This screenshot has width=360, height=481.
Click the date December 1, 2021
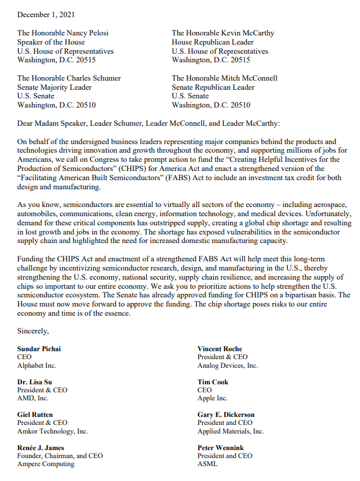coord(46,14)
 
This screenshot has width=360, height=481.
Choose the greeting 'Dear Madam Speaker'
coord(53,123)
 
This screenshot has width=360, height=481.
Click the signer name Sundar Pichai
coord(39,349)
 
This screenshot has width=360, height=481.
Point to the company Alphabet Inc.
coord(37,365)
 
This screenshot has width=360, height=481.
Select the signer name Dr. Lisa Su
coord(35,381)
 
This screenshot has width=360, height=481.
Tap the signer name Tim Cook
coord(213,381)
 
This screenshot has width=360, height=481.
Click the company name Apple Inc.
coord(212,398)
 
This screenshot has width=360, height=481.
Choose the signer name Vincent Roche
coord(220,349)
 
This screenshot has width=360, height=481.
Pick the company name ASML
coord(207,464)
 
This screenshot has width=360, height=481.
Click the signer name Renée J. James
coord(41,447)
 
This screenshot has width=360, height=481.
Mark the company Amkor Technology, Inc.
coord(53,431)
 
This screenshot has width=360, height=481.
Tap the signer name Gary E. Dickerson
coord(226,415)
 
